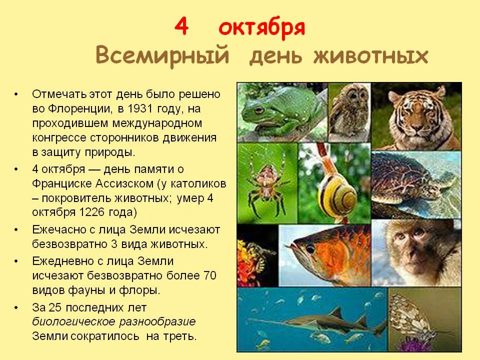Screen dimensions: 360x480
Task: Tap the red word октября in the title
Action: (262, 29)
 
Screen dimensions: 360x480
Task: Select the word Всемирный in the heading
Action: (163, 55)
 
